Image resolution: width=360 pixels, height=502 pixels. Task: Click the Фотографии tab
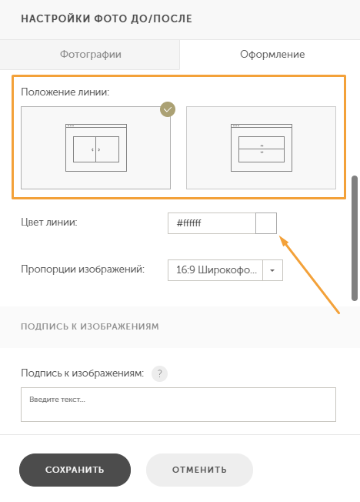[90, 55]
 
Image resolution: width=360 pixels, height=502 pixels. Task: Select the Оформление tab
[272, 55]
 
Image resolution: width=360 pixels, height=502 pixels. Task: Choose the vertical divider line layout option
[95, 148]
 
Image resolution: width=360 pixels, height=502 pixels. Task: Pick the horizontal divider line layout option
[261, 148]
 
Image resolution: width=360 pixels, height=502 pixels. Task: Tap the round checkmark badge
[168, 109]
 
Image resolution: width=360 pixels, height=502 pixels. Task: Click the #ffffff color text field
[212, 223]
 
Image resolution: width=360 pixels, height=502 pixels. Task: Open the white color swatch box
[266, 223]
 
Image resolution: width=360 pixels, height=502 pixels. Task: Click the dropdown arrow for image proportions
[272, 270]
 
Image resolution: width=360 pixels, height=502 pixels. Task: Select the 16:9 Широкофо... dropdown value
[215, 270]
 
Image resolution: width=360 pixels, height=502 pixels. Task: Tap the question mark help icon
[160, 373]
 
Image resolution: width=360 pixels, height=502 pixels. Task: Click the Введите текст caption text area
[178, 405]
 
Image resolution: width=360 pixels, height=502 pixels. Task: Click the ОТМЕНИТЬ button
[199, 470]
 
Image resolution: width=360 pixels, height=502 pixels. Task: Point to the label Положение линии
[65, 92]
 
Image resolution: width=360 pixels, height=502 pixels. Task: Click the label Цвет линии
[49, 223]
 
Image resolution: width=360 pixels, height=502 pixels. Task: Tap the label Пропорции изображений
[82, 269]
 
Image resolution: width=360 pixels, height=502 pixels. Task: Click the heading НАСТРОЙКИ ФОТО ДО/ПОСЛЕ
[107, 19]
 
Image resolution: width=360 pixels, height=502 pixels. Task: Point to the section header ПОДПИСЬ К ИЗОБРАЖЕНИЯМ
[90, 326]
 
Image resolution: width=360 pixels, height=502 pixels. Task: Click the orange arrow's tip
[280, 236]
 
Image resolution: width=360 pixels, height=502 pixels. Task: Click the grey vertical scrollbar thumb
[355, 238]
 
